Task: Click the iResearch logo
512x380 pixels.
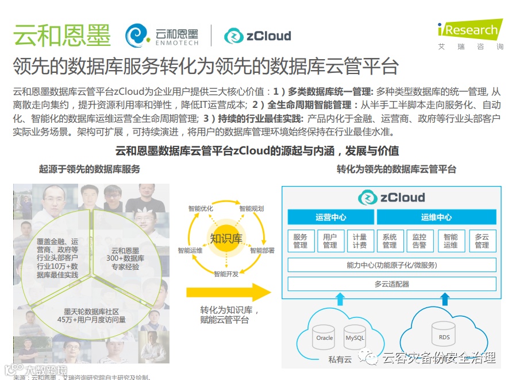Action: (x=468, y=30)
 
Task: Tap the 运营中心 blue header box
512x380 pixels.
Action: (x=330, y=218)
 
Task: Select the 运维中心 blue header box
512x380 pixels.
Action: (x=436, y=218)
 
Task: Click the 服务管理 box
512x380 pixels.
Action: (x=301, y=241)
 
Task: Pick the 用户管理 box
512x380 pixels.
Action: (x=330, y=241)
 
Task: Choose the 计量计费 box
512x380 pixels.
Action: (x=360, y=241)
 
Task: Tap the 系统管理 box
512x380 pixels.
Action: (x=390, y=241)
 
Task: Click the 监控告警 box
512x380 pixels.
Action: (x=419, y=241)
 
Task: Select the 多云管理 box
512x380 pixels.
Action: (x=482, y=241)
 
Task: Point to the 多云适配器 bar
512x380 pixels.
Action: (x=391, y=284)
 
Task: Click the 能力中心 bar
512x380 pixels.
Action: (x=391, y=265)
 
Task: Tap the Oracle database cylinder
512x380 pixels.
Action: (x=325, y=337)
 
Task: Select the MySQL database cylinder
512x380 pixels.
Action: (x=355, y=337)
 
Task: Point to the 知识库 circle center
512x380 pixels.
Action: (x=225, y=239)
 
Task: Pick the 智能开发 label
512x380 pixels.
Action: (x=226, y=274)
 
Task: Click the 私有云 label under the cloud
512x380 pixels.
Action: (x=341, y=359)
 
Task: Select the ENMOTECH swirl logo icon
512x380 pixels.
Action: (x=138, y=36)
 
